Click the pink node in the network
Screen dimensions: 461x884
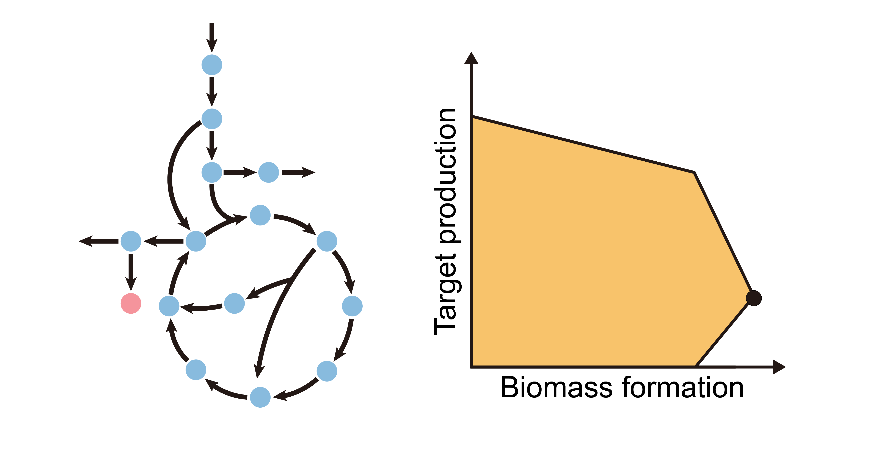point(131,303)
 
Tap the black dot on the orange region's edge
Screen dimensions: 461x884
point(754,298)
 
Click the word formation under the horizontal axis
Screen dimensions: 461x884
point(683,388)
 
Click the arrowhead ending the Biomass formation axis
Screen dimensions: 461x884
point(779,367)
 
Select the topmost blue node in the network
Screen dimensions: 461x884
point(212,65)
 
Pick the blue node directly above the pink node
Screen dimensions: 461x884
point(131,241)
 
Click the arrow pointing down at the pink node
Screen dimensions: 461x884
point(131,273)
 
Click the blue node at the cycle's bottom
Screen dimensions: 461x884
point(260,397)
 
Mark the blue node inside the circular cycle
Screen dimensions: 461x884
point(234,303)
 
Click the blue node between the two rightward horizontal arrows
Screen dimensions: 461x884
point(268,172)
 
